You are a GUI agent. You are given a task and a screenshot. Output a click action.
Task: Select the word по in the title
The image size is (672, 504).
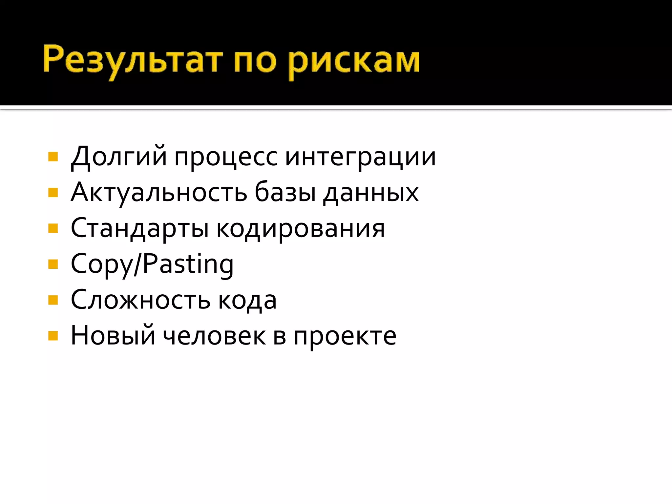point(255,61)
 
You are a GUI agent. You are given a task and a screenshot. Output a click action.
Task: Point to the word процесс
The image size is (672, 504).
point(226,157)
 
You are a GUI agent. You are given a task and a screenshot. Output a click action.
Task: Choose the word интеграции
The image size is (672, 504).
point(360,157)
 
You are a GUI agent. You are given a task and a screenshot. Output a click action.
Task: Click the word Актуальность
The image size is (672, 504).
point(159,193)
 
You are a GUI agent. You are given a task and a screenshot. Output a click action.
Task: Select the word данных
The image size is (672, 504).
point(371,193)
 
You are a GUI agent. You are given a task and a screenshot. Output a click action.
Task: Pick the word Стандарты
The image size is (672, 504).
point(140,229)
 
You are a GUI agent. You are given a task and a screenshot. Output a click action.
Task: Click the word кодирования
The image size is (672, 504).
point(301,229)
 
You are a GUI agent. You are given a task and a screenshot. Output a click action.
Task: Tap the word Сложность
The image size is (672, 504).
point(140,300)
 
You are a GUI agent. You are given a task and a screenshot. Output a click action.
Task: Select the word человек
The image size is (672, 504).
point(214,336)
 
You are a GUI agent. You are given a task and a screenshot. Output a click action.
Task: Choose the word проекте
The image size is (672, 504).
point(345,337)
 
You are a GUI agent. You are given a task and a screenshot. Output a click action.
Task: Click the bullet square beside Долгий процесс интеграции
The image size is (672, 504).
point(53,157)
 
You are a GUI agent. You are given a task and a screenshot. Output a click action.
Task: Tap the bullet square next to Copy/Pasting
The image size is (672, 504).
point(53,264)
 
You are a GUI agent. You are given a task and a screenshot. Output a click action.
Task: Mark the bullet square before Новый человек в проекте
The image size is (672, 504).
point(53,336)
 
